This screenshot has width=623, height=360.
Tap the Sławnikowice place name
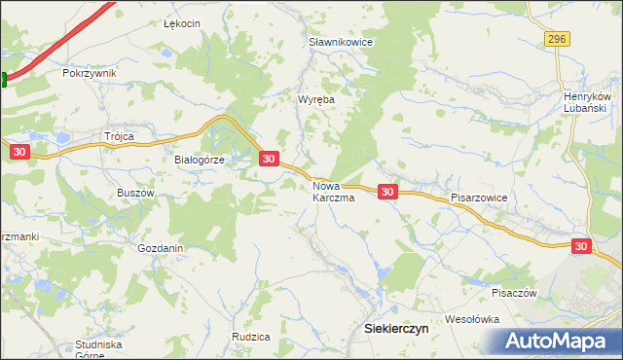[x=341, y=43]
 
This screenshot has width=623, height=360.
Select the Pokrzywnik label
[x=89, y=73]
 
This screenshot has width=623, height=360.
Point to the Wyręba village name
[x=316, y=99]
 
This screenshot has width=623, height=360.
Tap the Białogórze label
[x=200, y=161]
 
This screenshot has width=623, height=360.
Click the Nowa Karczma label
[x=333, y=190]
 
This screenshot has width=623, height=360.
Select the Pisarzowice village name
[x=480, y=197]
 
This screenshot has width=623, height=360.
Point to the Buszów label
[x=136, y=193]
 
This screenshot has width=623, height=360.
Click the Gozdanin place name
[x=161, y=248]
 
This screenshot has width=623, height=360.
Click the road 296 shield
[x=556, y=38]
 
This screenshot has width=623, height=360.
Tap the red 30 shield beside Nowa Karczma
[x=387, y=193]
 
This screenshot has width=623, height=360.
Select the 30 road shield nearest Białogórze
[x=270, y=158]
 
